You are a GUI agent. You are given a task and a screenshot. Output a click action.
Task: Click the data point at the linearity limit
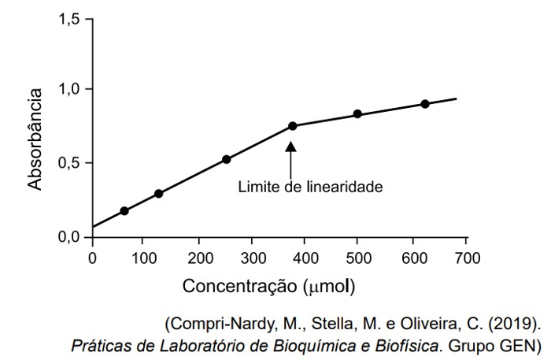tap(292, 126)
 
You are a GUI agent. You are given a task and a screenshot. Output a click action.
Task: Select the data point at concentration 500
tap(357, 114)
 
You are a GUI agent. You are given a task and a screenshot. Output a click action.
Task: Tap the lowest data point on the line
tap(124, 211)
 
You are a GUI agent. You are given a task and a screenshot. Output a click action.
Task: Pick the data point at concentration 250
tap(227, 159)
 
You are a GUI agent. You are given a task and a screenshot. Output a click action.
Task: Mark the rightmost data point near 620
tap(425, 104)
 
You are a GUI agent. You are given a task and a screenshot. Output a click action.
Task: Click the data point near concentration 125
tap(158, 194)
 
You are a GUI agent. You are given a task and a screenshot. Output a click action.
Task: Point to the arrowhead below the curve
tap(291, 147)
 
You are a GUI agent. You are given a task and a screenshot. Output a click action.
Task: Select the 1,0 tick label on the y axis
tap(71, 89)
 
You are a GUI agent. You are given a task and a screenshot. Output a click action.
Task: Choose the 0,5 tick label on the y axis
tap(71, 163)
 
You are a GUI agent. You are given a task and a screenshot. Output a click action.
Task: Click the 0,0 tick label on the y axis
tap(71, 237)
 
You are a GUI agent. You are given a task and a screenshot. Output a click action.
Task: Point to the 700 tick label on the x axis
tap(468, 257)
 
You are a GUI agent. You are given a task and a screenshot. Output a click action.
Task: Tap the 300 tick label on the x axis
tap(253, 257)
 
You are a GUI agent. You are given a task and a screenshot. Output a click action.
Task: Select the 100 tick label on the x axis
tap(146, 257)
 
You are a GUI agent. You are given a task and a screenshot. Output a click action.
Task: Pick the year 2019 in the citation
tap(515, 323)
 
